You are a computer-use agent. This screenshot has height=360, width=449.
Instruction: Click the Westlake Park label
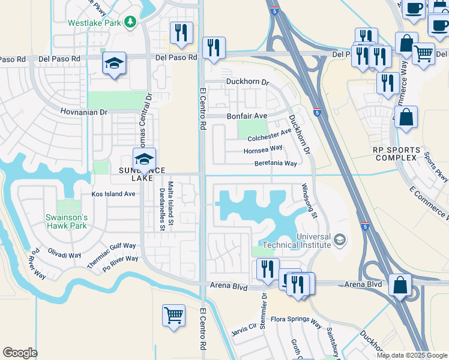[x=95, y=23]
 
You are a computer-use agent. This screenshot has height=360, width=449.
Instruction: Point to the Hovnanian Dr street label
[x=83, y=112]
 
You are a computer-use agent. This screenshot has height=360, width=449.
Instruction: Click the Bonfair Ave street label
[x=246, y=116]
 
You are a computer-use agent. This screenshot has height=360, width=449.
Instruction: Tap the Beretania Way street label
[x=276, y=163]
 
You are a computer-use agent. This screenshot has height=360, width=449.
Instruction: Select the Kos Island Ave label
[x=113, y=194]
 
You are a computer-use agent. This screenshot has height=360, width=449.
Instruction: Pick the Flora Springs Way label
[x=296, y=321]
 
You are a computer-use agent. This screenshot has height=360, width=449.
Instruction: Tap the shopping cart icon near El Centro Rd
[x=173, y=314]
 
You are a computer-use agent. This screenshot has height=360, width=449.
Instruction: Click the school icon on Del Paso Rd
[x=113, y=63]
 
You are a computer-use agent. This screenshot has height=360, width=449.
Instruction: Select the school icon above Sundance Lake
[x=144, y=159]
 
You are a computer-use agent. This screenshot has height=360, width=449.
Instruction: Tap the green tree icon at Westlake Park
[x=130, y=23]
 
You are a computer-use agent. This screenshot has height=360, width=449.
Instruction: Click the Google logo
[x=20, y=353]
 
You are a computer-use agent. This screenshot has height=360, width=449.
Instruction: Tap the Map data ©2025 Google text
[x=412, y=355]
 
